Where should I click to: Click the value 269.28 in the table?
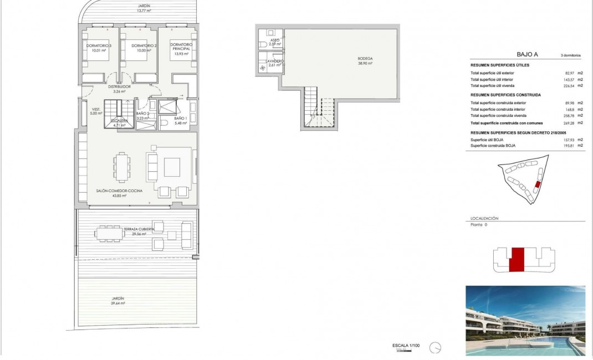click(x=566, y=124)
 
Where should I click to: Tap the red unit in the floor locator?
click(x=517, y=260)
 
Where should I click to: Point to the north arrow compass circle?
click(x=438, y=348)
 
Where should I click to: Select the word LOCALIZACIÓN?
click(x=484, y=219)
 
